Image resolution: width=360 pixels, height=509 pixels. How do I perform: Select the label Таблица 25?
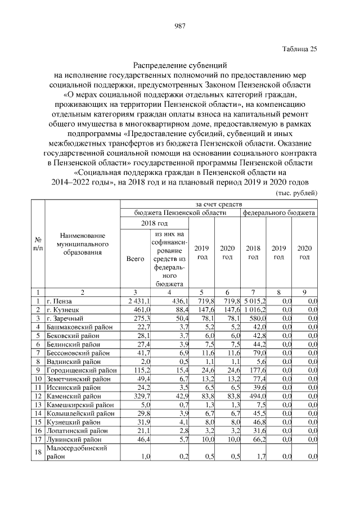pos(299,48)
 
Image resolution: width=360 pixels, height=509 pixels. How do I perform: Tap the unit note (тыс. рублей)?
pos(296,192)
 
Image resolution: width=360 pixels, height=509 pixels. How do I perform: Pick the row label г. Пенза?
pos(59,302)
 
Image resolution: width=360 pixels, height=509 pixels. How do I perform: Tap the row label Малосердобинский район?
pos(76,452)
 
